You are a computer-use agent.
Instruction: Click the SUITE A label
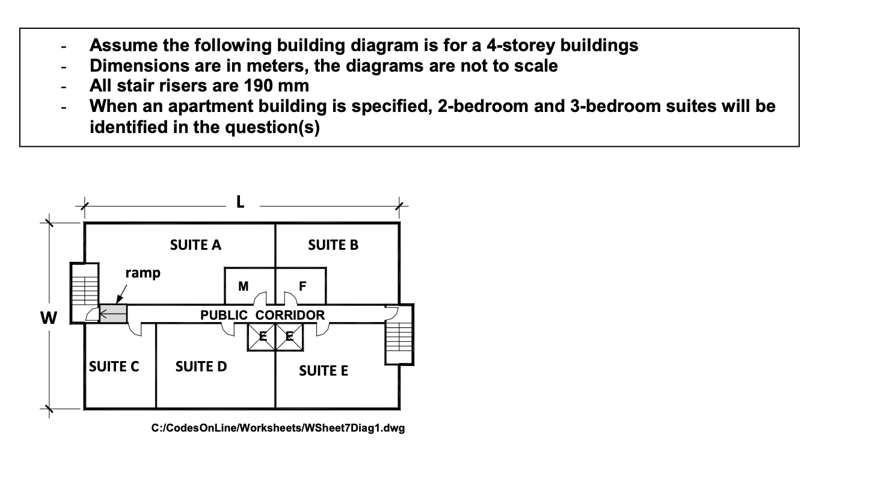tap(195, 245)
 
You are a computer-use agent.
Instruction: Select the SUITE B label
tap(333, 245)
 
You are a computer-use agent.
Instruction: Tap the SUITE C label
tap(114, 367)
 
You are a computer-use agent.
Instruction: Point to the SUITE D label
tap(201, 367)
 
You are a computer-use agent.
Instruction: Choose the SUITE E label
tap(323, 371)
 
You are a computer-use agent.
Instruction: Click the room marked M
tap(243, 287)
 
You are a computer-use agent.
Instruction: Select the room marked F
tap(302, 287)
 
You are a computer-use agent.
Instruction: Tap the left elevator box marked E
tap(262, 337)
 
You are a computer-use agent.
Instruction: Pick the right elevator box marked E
tap(289, 337)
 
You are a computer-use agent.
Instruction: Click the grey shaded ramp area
tap(113, 314)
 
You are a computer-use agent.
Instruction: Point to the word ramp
tap(143, 273)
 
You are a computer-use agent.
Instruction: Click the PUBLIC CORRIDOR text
tap(262, 315)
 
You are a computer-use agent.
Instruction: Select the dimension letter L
tap(240, 202)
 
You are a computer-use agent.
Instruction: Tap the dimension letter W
tap(49, 317)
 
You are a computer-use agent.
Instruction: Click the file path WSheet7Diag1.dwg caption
tap(278, 428)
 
